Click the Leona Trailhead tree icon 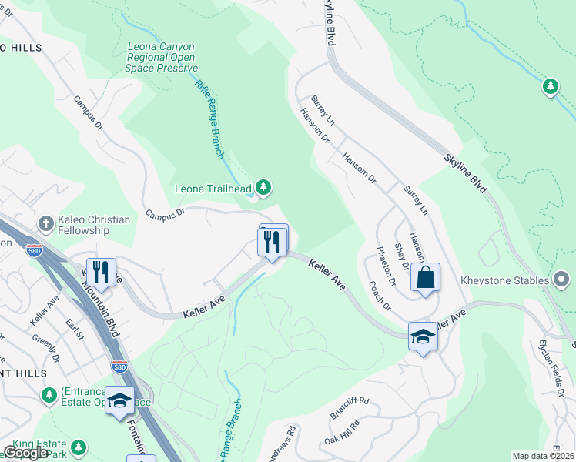(263, 186)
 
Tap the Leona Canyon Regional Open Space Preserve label (162, 57)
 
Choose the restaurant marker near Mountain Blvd (101, 271)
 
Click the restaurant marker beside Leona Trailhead (272, 243)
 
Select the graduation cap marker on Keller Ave (422, 336)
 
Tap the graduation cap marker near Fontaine (119, 401)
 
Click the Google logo (25, 453)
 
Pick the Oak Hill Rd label (342, 432)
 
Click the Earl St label (74, 328)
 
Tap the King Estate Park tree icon (78, 447)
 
